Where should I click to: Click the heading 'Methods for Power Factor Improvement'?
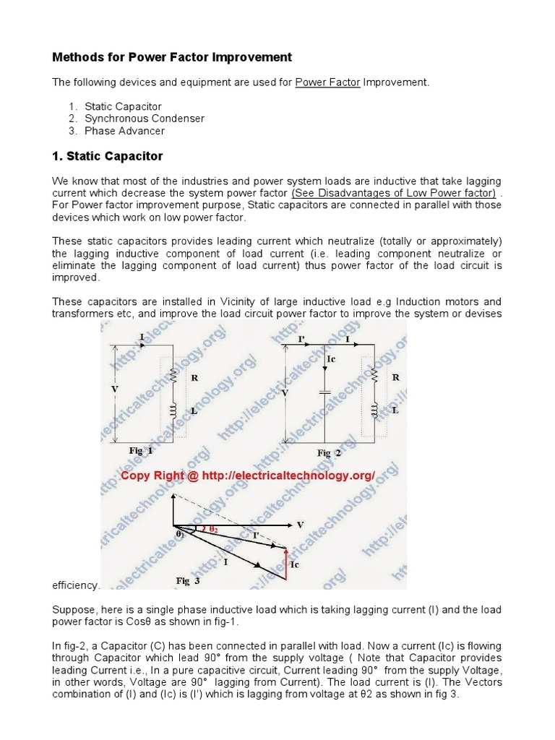(172, 57)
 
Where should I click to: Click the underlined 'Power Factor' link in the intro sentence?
(327, 82)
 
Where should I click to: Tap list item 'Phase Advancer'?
(124, 131)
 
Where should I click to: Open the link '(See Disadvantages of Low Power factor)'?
(393, 193)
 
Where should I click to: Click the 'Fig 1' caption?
(141, 450)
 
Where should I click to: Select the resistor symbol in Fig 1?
(173, 377)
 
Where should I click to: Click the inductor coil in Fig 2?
(374, 410)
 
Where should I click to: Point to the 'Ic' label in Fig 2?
(332, 359)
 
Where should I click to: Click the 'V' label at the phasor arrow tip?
(300, 525)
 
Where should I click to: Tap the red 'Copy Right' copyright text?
(248, 476)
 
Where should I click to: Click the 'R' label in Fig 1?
(194, 377)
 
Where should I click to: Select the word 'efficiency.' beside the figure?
(77, 585)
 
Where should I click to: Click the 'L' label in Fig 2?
(395, 409)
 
